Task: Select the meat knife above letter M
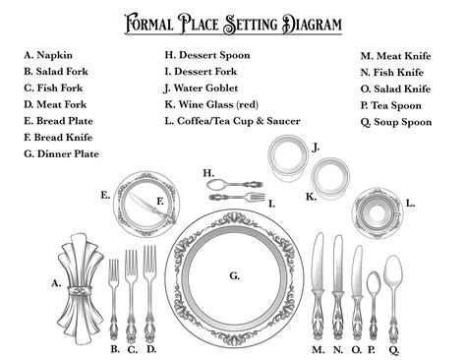(x=318, y=285)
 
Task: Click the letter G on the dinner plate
(x=234, y=276)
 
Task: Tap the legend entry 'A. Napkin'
(x=53, y=57)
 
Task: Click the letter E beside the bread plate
(x=104, y=196)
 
